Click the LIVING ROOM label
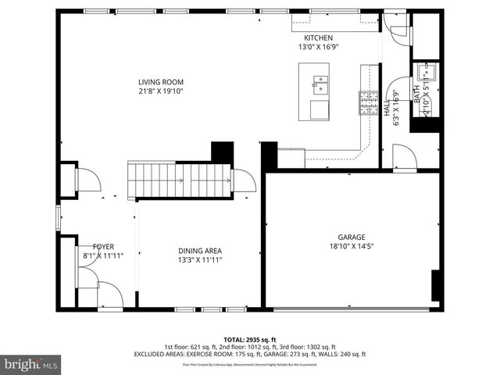161,81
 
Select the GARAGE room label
351,237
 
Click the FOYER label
103,246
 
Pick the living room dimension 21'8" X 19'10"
161,91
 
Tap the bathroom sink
427,73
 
